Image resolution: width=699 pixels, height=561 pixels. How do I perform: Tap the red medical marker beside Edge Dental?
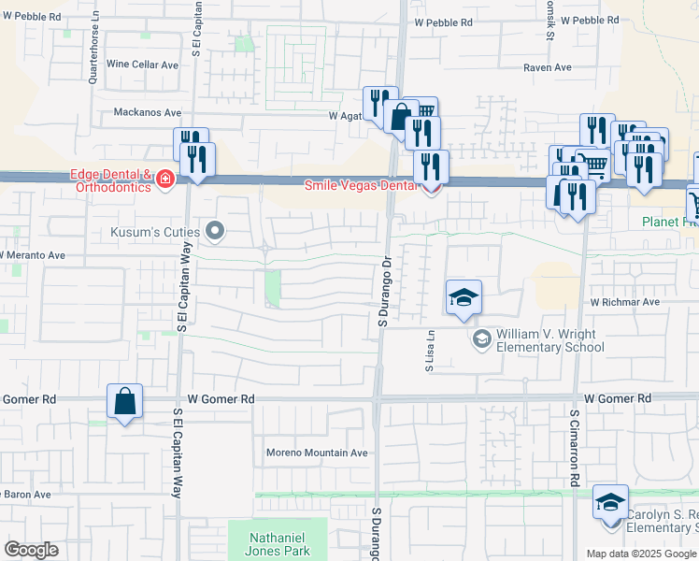click(x=165, y=179)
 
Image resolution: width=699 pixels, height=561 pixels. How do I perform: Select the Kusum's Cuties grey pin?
click(x=216, y=230)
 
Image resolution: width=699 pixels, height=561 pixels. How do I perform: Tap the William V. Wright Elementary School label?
click(x=549, y=339)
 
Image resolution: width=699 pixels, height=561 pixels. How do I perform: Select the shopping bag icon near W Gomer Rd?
click(x=124, y=403)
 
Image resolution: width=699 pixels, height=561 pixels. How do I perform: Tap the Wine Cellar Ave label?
click(x=142, y=65)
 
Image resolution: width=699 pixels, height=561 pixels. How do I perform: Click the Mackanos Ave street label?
click(x=147, y=112)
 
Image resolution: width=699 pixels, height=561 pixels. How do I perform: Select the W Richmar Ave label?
click(x=624, y=303)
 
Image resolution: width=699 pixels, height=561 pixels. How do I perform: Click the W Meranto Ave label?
click(x=33, y=255)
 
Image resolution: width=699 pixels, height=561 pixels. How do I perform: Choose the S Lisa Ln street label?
click(x=431, y=352)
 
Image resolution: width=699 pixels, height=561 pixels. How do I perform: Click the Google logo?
click(x=31, y=550)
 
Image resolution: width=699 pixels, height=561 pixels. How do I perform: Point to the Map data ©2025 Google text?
click(x=640, y=554)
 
